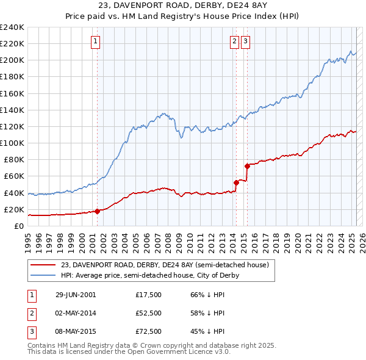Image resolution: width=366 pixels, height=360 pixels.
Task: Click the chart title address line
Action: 183,5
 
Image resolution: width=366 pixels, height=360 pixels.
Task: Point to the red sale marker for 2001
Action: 97,211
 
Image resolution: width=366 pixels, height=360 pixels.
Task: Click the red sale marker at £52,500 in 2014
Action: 236,182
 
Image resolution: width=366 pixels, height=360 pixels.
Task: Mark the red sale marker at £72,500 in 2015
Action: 247,165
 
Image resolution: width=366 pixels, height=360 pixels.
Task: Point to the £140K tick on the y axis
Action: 12,110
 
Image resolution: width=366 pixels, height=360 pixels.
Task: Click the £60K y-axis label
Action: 14,176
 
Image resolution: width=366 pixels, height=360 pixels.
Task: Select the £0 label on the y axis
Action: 19,226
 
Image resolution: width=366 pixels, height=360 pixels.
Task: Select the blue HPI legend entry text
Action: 149,275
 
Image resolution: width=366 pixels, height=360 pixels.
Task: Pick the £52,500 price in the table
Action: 148,313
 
